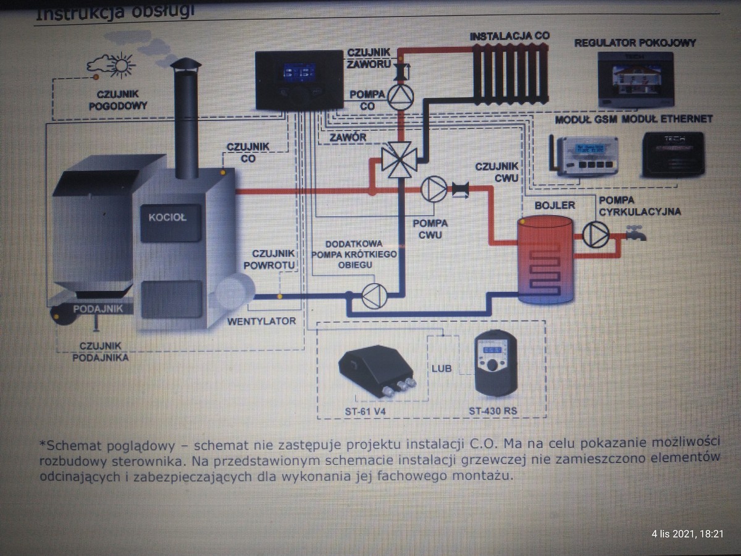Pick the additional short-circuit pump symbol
374,296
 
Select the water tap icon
634,233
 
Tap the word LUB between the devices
442,368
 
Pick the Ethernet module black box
677,154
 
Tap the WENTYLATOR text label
261,321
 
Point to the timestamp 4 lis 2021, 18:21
687,533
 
